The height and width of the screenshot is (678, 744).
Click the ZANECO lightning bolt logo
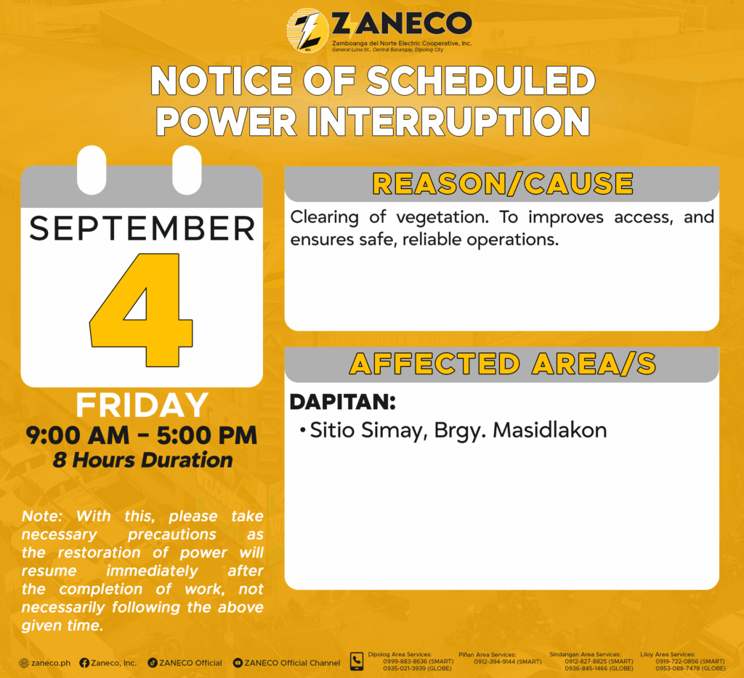307,31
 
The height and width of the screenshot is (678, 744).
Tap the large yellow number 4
142,310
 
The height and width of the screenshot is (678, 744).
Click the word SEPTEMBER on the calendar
142,229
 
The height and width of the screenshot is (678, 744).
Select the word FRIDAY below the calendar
142,405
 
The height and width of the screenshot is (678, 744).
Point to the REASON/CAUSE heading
503,184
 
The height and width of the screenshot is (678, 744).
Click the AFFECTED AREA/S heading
503,364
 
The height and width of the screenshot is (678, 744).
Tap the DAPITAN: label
343,403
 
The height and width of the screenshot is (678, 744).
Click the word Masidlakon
550,430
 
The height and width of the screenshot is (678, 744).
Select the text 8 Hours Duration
143,460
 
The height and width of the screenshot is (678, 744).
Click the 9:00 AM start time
77,435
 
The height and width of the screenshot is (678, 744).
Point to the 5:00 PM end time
207,435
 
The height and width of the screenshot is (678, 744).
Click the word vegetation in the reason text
442,218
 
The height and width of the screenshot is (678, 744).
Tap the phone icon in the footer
356,661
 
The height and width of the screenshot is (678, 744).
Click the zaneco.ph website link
45,663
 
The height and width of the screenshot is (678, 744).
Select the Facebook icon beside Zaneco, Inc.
84,663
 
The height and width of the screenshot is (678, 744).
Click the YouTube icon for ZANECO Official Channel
238,663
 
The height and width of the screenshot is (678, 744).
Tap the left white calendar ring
92,170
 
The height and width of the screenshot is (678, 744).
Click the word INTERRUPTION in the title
449,121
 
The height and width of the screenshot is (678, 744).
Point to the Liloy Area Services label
668,654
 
